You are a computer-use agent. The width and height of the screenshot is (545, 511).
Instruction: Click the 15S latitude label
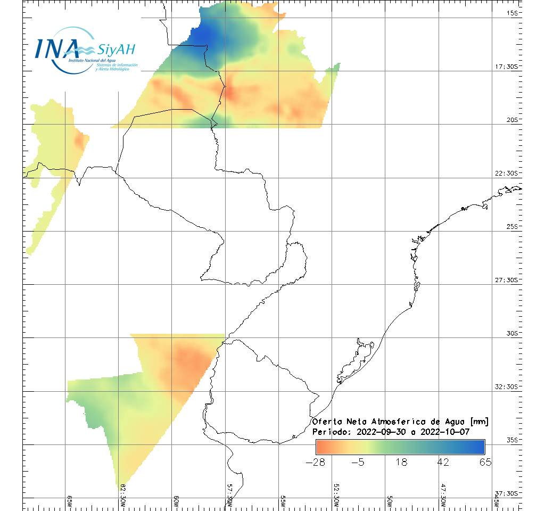pyautogui.click(x=513, y=13)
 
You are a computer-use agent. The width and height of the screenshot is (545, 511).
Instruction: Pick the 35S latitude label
pyautogui.click(x=513, y=440)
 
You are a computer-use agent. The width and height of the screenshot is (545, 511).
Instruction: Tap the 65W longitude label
pyautogui.click(x=70, y=501)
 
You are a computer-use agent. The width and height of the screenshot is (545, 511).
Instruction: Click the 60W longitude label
pyautogui.click(x=176, y=501)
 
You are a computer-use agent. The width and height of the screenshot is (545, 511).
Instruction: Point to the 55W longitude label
pyautogui.click(x=283, y=501)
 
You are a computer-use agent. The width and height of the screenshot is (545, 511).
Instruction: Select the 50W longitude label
pyautogui.click(x=389, y=501)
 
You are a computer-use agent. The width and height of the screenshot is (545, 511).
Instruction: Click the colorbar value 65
pyautogui.click(x=485, y=461)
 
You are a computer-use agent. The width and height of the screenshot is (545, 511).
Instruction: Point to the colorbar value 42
pyautogui.click(x=443, y=461)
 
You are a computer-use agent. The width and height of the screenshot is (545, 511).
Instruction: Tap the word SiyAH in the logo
pyautogui.click(x=117, y=50)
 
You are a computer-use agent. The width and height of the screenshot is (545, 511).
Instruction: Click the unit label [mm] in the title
pyautogui.click(x=476, y=422)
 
